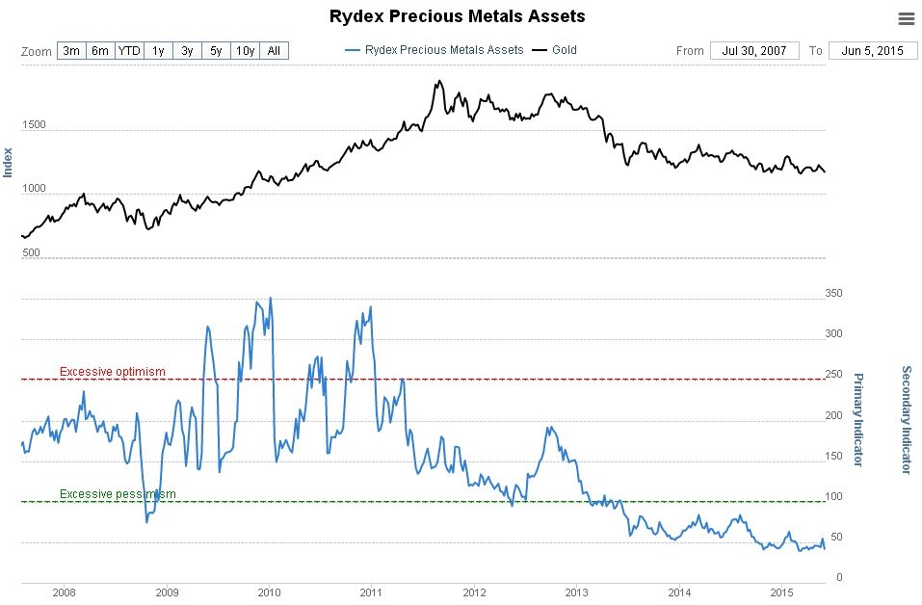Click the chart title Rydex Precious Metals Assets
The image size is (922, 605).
(x=457, y=16)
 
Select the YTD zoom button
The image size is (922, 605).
(x=129, y=50)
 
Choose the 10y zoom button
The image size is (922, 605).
(x=245, y=50)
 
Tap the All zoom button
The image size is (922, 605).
(x=274, y=50)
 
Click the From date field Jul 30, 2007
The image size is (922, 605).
(x=754, y=50)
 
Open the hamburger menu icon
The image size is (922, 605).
(x=906, y=18)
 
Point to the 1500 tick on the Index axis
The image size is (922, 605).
(x=33, y=124)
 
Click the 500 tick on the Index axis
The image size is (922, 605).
(x=31, y=252)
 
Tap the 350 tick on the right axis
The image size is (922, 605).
(x=834, y=293)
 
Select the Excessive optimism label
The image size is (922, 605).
(x=113, y=372)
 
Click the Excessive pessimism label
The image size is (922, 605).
(x=118, y=494)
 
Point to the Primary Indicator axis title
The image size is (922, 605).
(x=858, y=420)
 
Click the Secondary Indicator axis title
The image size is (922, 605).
(x=906, y=419)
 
